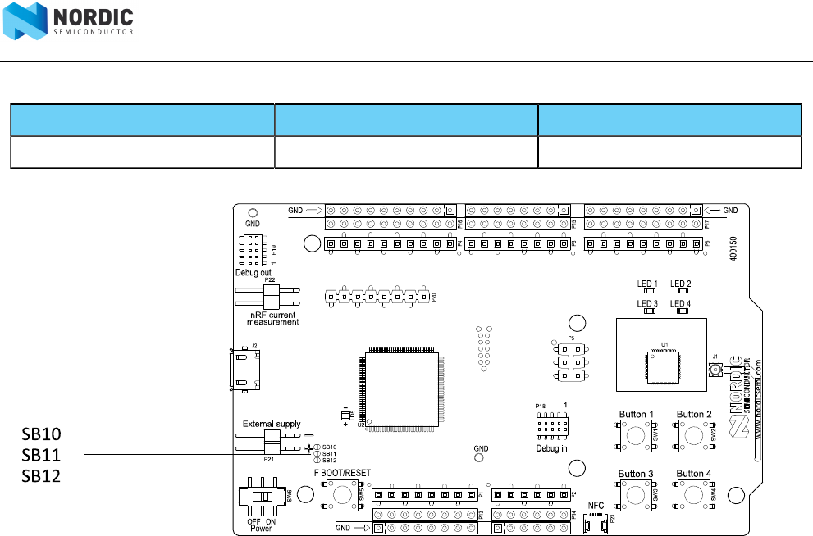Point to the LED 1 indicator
[x=648, y=291]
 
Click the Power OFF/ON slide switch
[x=262, y=497]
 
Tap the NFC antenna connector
[x=596, y=525]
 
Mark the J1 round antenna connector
[x=715, y=371]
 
